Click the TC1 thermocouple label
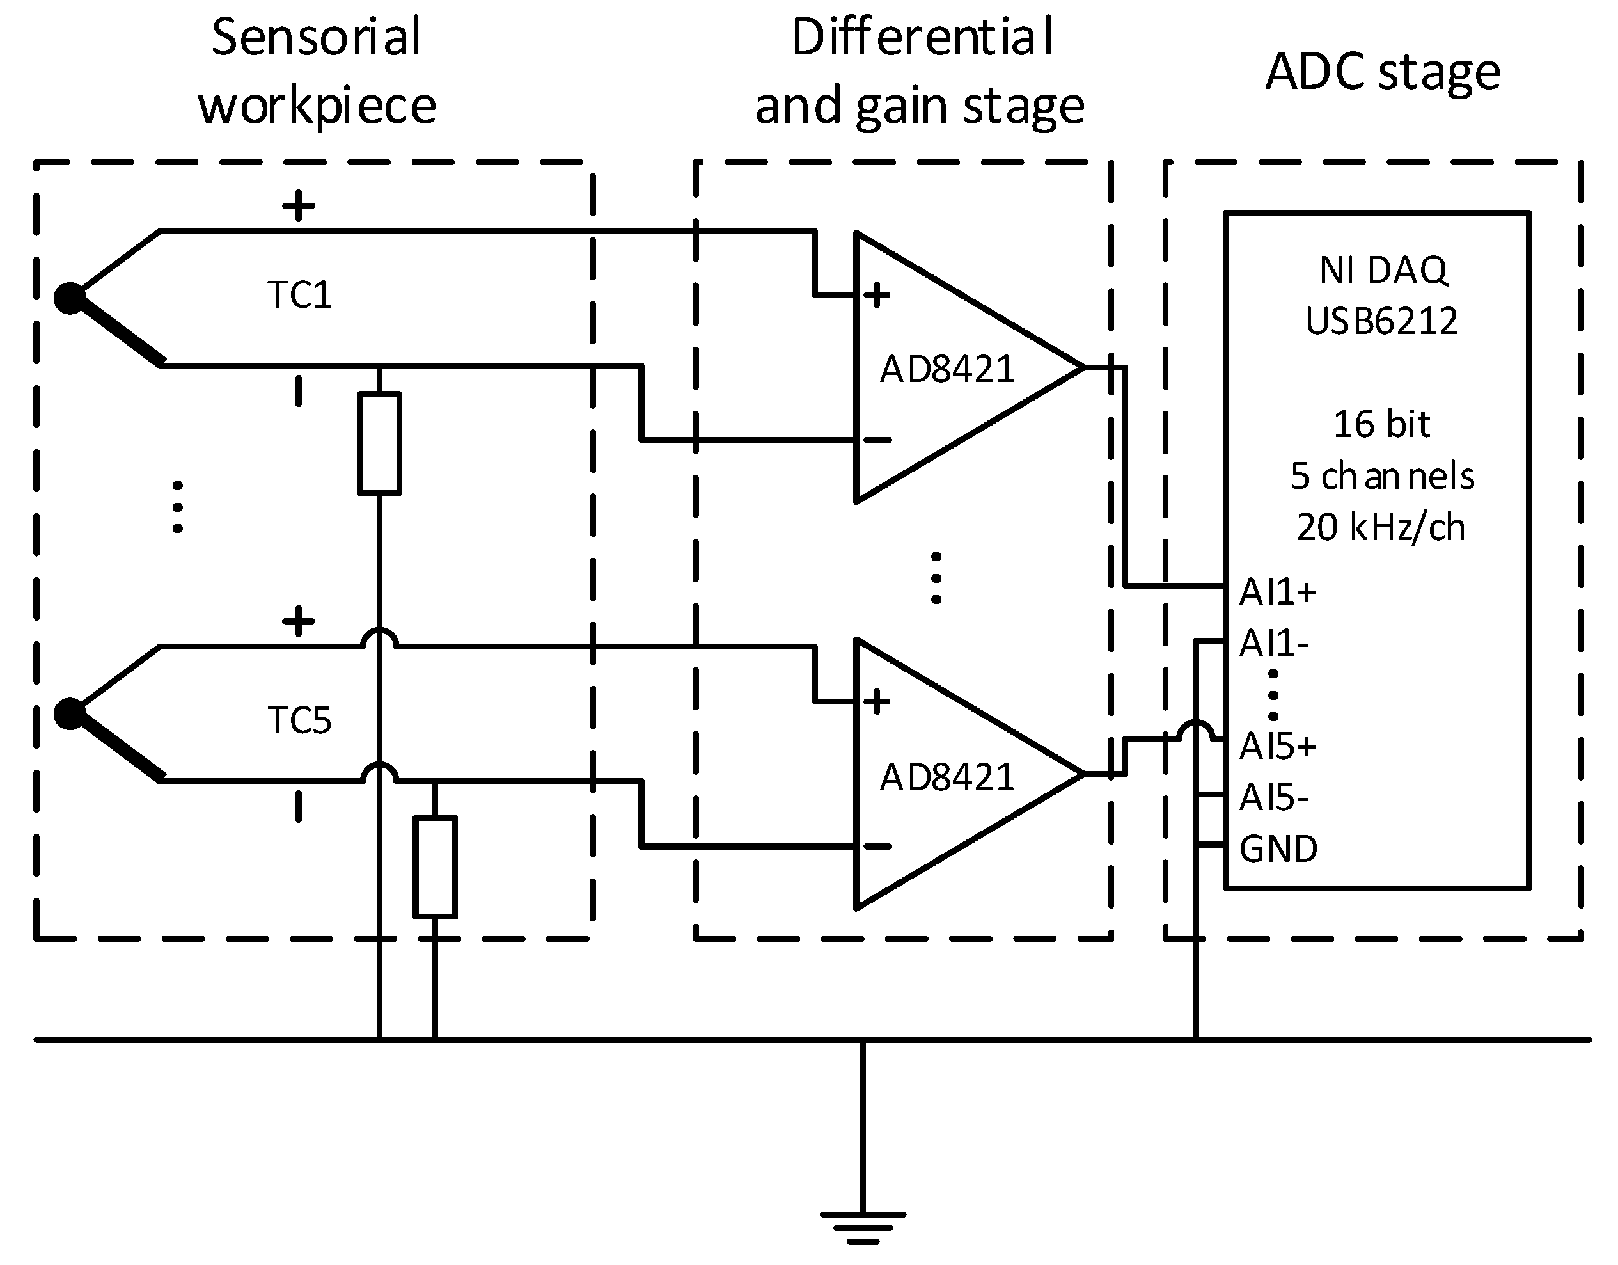[299, 295]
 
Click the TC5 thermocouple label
[299, 720]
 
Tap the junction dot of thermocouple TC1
[70, 299]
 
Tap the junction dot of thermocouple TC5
[70, 713]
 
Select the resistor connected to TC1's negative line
[379, 443]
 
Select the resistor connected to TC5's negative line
[435, 867]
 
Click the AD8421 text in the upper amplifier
[946, 369]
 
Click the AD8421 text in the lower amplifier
[946, 777]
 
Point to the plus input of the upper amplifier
[876, 295]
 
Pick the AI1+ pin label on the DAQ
[1278, 592]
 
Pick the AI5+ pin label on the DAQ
[1278, 746]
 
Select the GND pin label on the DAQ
[1278, 849]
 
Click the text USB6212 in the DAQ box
[1381, 321]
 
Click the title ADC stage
[1383, 72]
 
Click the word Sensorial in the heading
[317, 37]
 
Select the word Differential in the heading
[922, 37]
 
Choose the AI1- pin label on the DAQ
[1273, 643]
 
